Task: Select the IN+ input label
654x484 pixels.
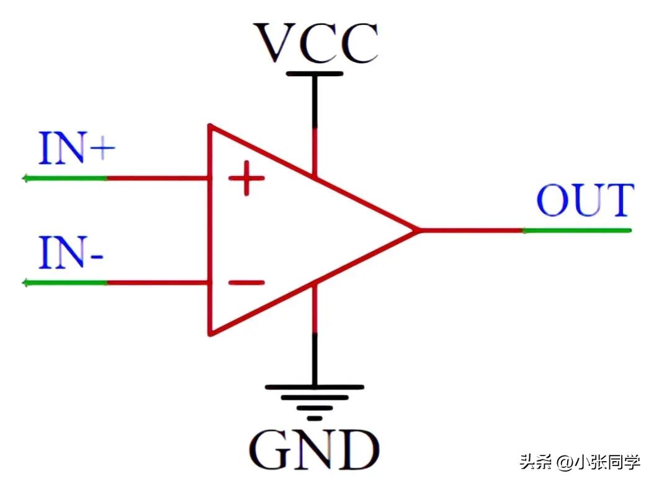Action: point(76,149)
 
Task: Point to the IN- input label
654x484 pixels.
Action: point(70,253)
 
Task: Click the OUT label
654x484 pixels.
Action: point(585,200)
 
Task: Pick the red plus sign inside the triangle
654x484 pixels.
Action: point(246,179)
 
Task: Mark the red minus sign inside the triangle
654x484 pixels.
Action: point(246,283)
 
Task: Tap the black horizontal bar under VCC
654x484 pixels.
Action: point(315,74)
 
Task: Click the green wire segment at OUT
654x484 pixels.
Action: point(577,231)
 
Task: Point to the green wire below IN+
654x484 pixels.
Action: point(65,178)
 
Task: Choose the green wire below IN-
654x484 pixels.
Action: point(65,283)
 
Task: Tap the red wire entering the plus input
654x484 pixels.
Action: point(158,178)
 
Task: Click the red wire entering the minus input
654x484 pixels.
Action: point(158,283)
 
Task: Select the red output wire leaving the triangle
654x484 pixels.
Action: point(472,231)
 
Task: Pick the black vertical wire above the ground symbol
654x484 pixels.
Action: point(315,359)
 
